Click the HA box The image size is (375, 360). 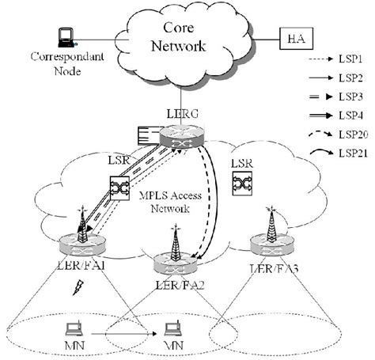pyautogui.click(x=294, y=37)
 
